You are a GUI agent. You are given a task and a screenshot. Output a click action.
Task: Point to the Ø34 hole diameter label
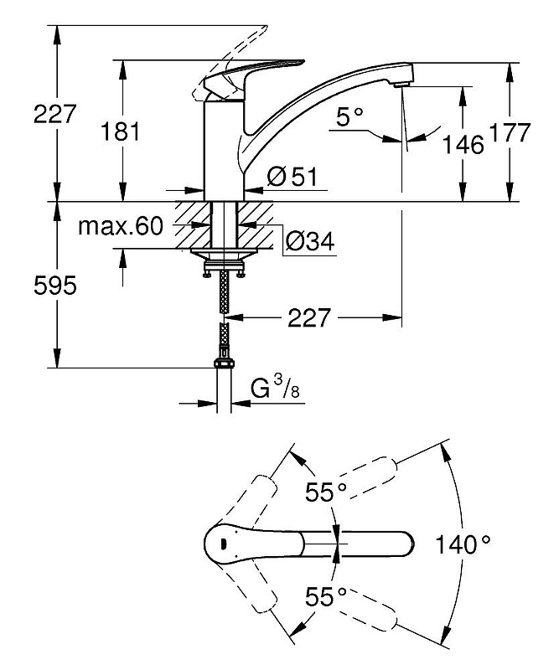point(310,242)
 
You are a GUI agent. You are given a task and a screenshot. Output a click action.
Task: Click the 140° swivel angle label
point(463,546)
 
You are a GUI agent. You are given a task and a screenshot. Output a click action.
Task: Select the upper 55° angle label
point(325,493)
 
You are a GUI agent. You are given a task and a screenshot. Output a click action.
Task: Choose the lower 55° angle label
point(325,597)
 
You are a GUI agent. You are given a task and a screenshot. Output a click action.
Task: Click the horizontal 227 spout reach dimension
point(311,318)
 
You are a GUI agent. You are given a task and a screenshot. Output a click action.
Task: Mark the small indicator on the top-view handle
point(221,545)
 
